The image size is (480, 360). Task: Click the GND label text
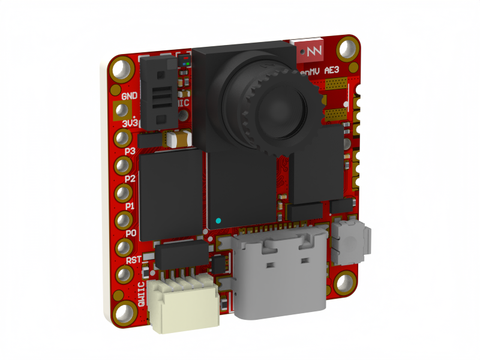click(130, 96)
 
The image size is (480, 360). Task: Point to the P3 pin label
click(130, 151)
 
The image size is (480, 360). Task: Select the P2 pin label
click(130, 179)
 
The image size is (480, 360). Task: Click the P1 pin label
click(130, 206)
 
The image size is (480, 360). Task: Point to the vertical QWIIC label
click(142, 294)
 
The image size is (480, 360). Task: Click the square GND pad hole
click(122, 110)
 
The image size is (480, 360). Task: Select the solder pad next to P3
click(123, 138)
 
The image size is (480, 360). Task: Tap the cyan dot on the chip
click(218, 221)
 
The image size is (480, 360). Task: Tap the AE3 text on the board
click(332, 71)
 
